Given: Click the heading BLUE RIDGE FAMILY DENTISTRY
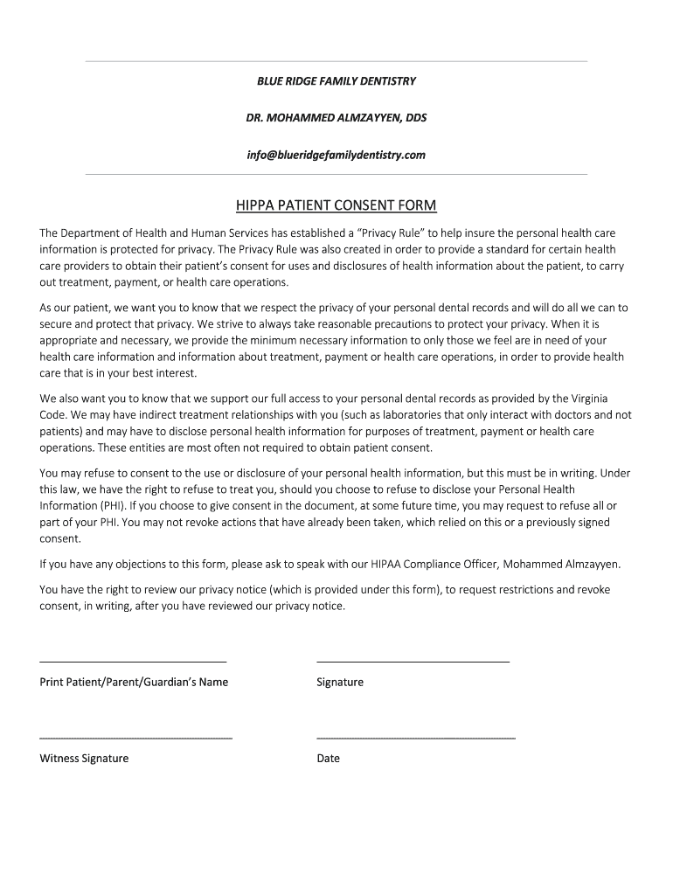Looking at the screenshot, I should (x=336, y=81).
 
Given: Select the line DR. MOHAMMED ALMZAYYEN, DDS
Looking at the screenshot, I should (x=336, y=117).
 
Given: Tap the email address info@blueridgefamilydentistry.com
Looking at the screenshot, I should (x=336, y=155).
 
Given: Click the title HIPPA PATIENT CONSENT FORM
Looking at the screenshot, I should (x=336, y=206).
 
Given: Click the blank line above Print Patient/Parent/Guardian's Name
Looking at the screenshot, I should (x=133, y=662).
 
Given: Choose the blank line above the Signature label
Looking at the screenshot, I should (x=413, y=662).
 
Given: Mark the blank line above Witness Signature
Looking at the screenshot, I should (x=135, y=739).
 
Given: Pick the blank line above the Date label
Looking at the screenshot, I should (x=416, y=739).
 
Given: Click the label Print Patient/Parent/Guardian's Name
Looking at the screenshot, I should (x=134, y=682).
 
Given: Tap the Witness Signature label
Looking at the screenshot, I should (x=84, y=758).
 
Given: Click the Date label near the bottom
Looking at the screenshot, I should (x=328, y=758).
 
